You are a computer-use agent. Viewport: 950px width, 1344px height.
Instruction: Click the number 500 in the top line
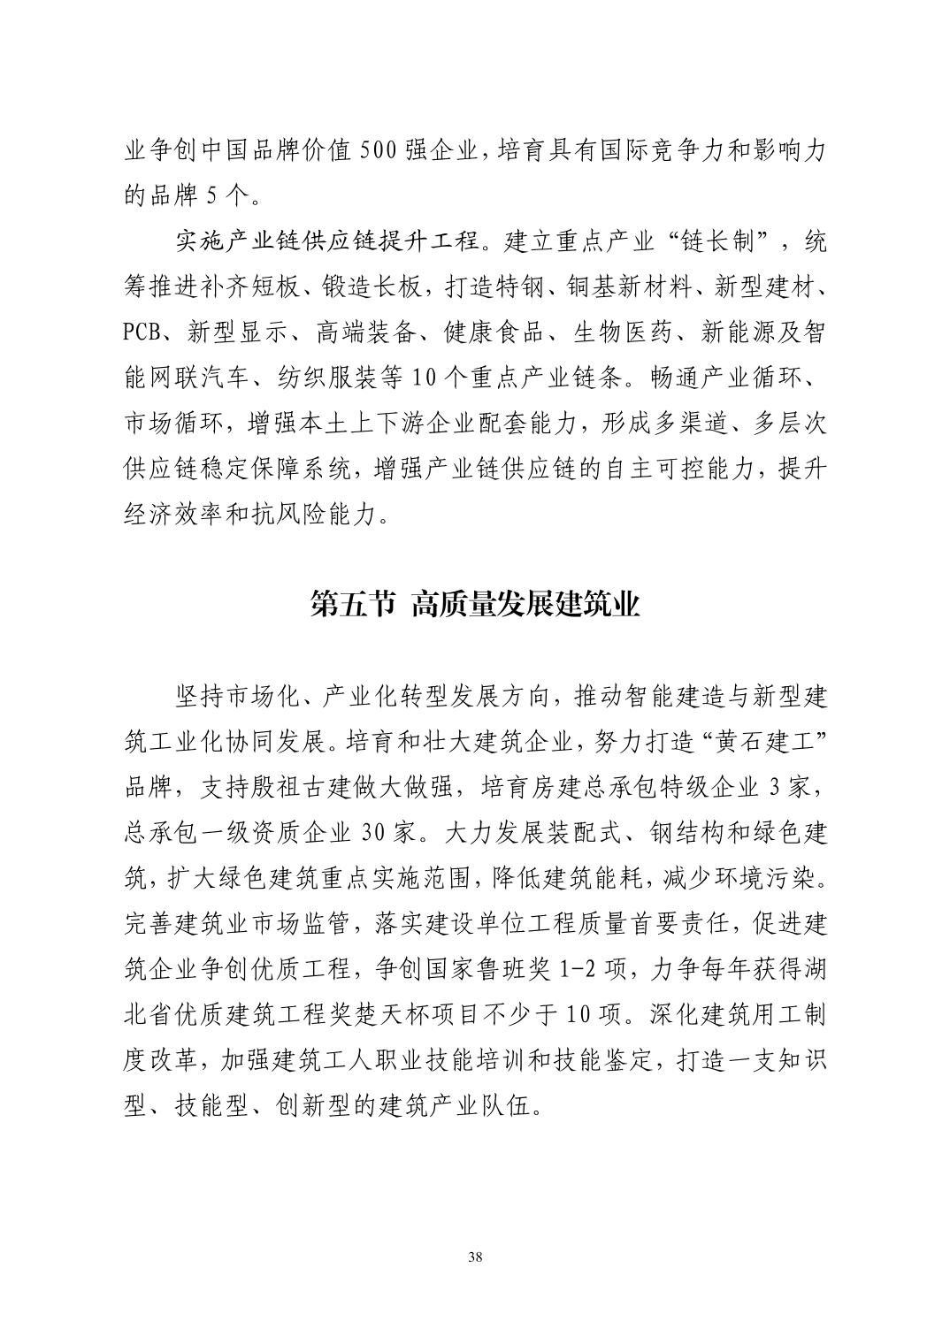(382, 150)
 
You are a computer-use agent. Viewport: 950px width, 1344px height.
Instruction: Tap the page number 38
(475, 1257)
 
